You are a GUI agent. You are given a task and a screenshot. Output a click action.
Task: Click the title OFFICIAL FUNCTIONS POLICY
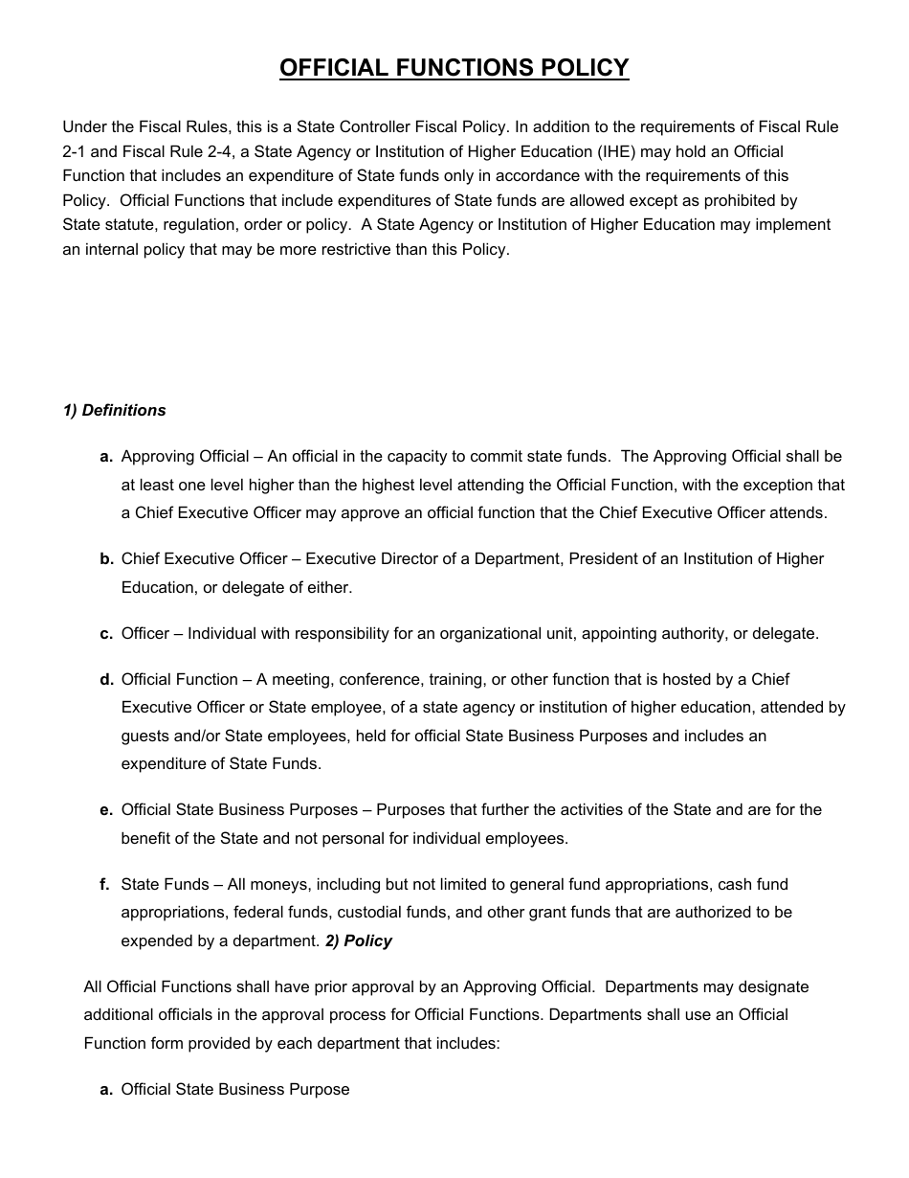coord(454,68)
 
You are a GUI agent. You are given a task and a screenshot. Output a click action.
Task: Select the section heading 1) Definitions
coord(114,410)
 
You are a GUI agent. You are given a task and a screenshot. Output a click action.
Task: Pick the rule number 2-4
coord(221,151)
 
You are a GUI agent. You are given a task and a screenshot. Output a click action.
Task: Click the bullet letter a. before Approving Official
coord(107,457)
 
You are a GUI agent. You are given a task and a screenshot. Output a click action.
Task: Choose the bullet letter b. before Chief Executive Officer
coord(107,558)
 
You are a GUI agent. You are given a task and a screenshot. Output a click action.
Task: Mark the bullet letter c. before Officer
coord(107,633)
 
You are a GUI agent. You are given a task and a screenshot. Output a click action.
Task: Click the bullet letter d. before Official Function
coord(107,679)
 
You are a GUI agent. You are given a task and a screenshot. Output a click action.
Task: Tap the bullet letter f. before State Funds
coord(104,884)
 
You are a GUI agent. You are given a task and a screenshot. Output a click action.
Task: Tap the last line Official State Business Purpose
coord(235,1089)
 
